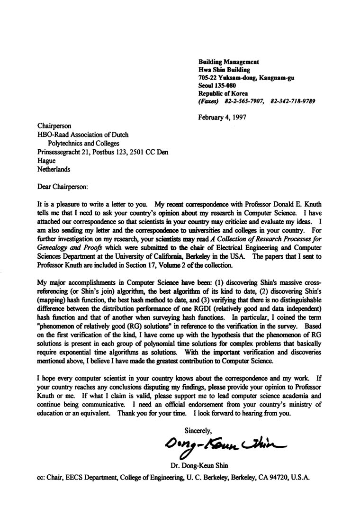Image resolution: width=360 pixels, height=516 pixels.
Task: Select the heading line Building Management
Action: coord(228,62)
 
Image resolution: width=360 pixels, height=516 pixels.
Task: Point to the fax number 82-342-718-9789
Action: coord(293,101)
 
